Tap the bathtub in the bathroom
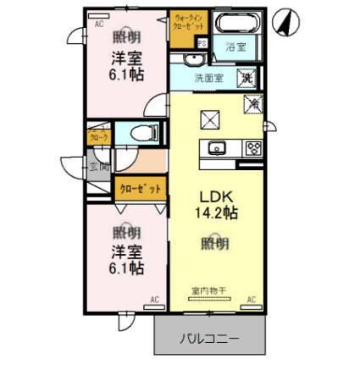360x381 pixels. tap(233, 24)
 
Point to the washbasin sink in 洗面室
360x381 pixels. tap(192, 59)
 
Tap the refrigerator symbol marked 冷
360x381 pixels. tap(252, 103)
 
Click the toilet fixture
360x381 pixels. tap(143, 132)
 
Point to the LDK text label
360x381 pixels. tap(215, 193)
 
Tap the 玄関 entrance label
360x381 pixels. tap(98, 167)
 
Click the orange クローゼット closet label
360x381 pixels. tap(139, 188)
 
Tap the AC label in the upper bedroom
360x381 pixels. tap(99, 25)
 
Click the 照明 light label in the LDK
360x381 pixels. tap(215, 243)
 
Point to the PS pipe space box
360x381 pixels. tap(202, 43)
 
